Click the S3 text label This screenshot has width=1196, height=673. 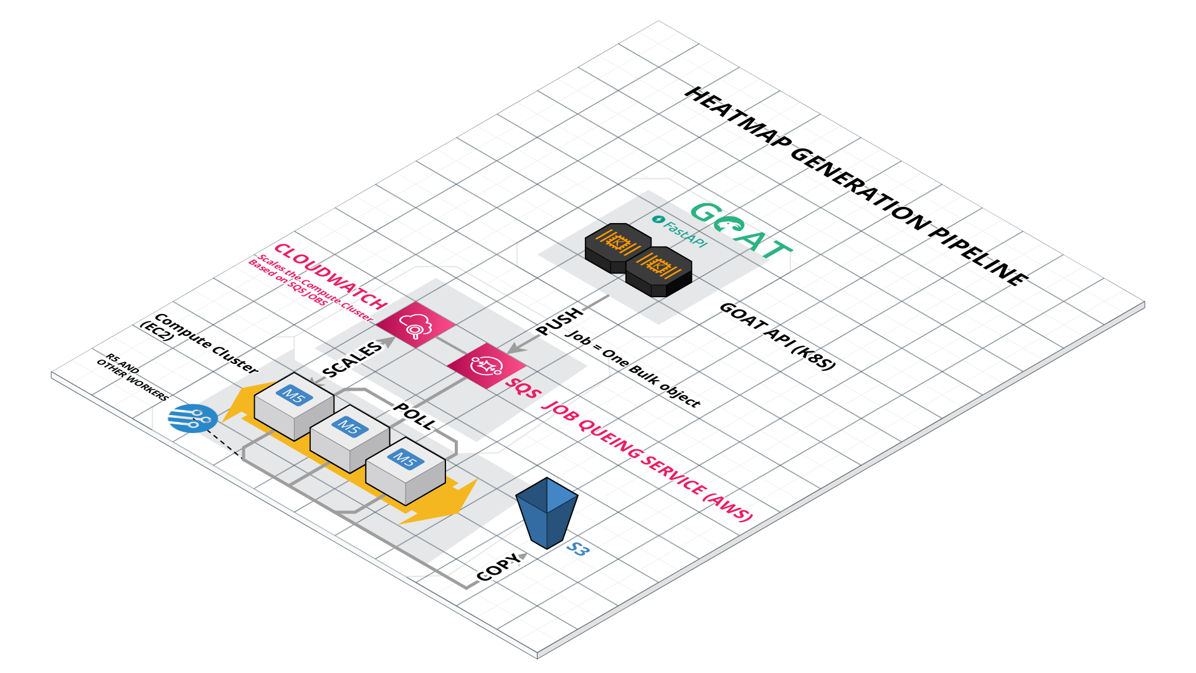point(577,549)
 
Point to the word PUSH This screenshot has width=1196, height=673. point(559,321)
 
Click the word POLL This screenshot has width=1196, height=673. point(415,416)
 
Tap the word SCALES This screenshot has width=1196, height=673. point(352,360)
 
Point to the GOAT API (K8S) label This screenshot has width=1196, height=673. point(777,336)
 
